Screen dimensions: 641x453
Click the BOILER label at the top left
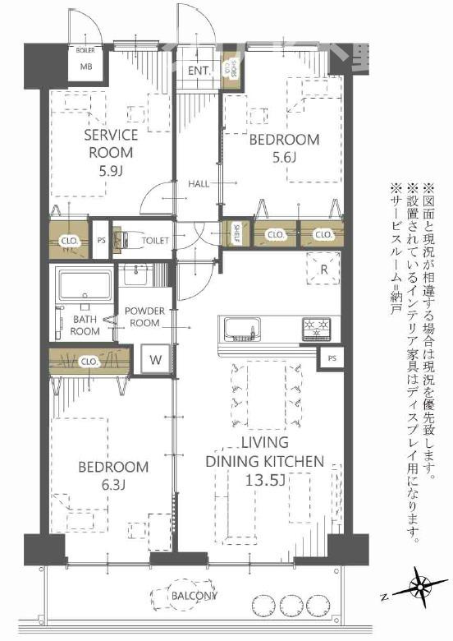[x=85, y=51]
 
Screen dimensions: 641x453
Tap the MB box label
[x=85, y=67]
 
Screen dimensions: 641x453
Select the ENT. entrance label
[x=199, y=71]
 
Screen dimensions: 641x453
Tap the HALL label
[x=199, y=182]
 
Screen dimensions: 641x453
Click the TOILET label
[x=156, y=241]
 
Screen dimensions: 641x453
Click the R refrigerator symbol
[x=323, y=268]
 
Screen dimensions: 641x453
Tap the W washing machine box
[x=156, y=358]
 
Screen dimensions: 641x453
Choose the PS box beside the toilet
[x=101, y=240]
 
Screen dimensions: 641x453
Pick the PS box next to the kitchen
[x=332, y=359]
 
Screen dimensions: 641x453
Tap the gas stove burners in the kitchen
[x=316, y=329]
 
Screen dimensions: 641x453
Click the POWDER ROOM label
[x=145, y=316]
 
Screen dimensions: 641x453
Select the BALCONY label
[x=194, y=595]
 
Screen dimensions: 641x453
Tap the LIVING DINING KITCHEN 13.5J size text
[x=264, y=480]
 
